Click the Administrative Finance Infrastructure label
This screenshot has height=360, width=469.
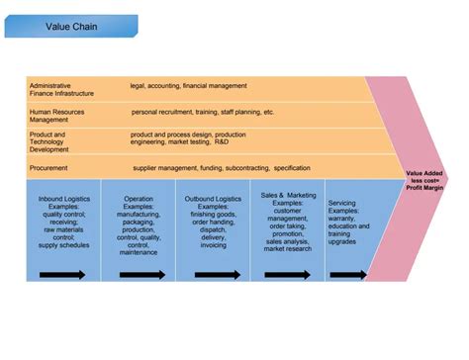click(61, 89)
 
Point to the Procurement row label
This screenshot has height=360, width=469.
click(52, 168)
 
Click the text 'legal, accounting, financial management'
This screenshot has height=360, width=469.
click(188, 85)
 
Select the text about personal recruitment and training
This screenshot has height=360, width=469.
click(203, 112)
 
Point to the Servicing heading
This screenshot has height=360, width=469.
click(342, 202)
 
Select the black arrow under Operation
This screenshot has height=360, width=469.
click(139, 273)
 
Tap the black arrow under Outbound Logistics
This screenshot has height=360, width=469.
click(215, 273)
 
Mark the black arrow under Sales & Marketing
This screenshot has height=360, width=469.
click(287, 273)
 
